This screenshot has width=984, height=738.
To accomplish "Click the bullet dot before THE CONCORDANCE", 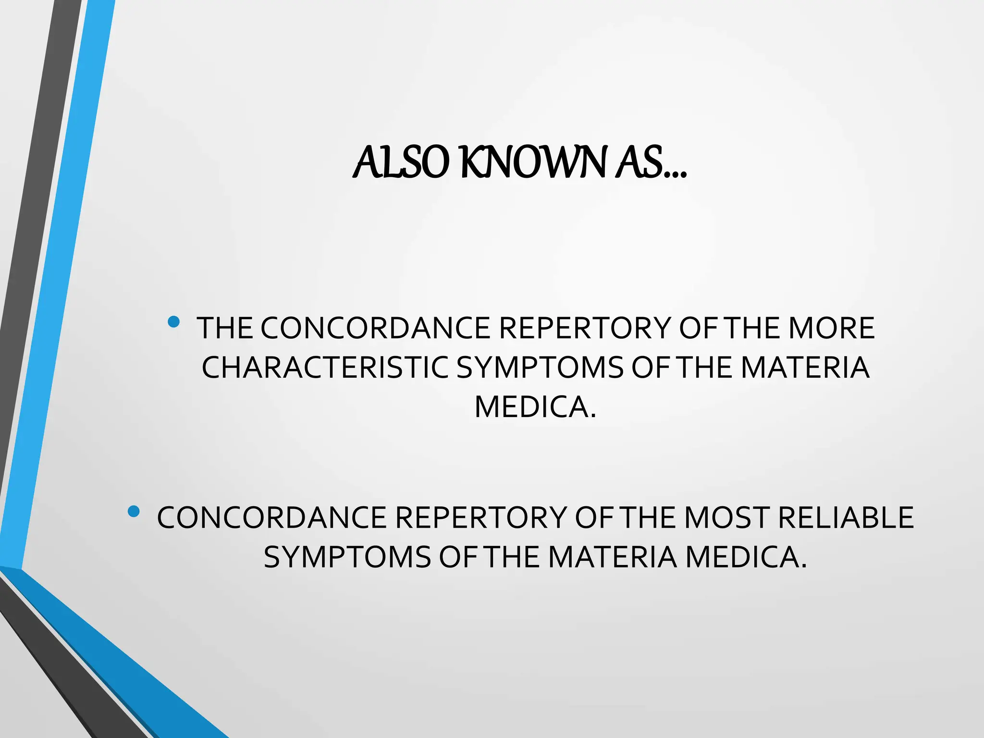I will (174, 321).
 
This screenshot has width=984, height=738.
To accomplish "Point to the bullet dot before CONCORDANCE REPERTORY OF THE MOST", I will (134, 511).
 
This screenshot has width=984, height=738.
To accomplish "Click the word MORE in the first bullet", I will (831, 328).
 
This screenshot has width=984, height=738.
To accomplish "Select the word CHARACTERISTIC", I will (324, 368).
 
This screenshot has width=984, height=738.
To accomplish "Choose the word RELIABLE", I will (846, 518).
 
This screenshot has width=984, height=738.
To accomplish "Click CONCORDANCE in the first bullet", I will (375, 328).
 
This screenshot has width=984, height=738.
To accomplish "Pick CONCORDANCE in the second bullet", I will (271, 518).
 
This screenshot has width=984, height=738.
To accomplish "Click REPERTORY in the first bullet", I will (584, 328).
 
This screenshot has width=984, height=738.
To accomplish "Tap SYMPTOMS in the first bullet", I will (539, 368).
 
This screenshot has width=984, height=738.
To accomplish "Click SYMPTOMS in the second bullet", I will (347, 557).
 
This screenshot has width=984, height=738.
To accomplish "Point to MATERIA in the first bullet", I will (805, 368).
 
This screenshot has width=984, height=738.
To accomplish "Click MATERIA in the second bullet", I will (612, 557).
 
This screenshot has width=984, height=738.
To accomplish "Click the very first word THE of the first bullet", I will (225, 328).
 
